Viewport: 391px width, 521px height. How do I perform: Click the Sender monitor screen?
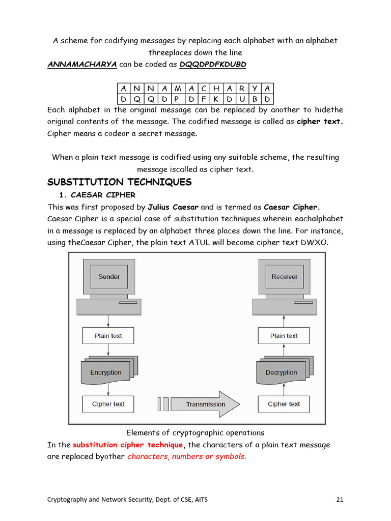tap(108, 277)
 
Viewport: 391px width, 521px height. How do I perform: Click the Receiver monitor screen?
tap(284, 277)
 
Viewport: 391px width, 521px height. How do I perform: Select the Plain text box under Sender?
tap(108, 336)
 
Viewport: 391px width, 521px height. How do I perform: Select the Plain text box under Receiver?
tap(284, 336)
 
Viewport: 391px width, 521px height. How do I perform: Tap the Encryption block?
tap(106, 372)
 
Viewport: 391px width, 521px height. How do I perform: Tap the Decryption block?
tap(282, 372)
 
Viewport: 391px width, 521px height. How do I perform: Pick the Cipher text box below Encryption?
tap(108, 404)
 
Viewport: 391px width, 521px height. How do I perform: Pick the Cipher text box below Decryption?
tap(284, 404)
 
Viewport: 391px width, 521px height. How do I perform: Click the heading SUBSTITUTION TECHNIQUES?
tap(119, 182)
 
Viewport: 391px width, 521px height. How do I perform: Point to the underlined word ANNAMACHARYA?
tap(82, 65)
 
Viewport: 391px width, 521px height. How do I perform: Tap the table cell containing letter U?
tap(242, 99)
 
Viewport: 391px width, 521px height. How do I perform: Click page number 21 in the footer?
tap(340, 499)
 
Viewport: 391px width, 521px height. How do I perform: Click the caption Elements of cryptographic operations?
tap(195, 433)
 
